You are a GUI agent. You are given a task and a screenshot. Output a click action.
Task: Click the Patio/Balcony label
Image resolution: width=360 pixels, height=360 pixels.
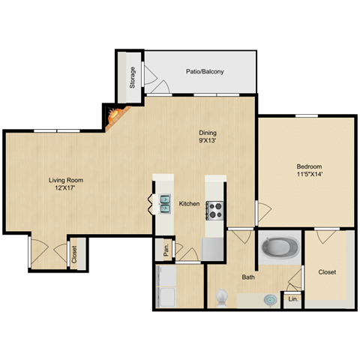pyautogui.click(x=205, y=72)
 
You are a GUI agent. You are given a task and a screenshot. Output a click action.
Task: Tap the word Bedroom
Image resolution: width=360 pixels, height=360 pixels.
pyautogui.click(x=309, y=166)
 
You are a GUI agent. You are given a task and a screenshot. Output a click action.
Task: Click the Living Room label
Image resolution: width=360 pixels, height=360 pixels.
pyautogui.click(x=65, y=180)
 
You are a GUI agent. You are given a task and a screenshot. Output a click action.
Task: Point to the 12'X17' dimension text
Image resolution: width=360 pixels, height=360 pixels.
pyautogui.click(x=65, y=189)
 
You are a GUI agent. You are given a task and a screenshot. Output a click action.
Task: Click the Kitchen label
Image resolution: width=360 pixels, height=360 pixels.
pyautogui.click(x=189, y=204)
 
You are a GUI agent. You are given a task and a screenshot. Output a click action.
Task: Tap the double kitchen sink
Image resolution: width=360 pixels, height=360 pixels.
pyautogui.click(x=164, y=203)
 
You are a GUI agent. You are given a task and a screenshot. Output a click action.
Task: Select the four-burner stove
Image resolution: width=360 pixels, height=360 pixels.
pyautogui.click(x=214, y=209)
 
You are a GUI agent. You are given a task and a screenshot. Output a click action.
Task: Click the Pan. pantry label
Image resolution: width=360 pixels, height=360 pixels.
pyautogui.click(x=164, y=247)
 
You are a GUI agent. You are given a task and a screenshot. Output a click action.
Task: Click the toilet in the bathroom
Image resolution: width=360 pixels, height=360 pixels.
pyautogui.click(x=221, y=298)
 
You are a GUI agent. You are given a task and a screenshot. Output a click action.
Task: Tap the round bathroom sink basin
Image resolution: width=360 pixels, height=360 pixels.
pyautogui.click(x=268, y=299)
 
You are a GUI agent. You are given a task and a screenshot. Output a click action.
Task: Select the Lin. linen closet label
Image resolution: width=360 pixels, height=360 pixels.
pyautogui.click(x=292, y=300)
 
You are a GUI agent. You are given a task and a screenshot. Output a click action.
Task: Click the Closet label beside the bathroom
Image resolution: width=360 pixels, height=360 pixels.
pyautogui.click(x=327, y=271)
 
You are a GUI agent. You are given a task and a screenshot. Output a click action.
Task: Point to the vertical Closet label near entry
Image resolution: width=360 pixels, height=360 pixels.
pyautogui.click(x=74, y=254)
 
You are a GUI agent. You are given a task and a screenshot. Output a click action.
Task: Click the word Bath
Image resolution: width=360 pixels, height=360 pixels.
pyautogui.click(x=248, y=277)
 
